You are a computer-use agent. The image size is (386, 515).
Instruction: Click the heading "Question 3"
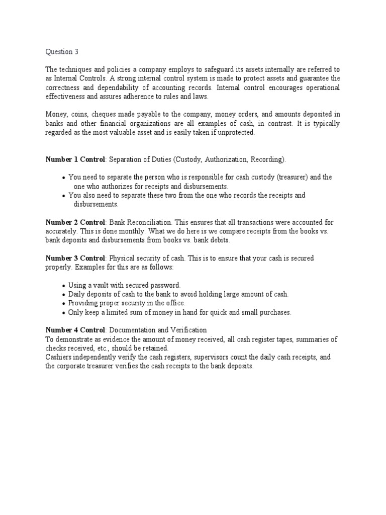[62, 51]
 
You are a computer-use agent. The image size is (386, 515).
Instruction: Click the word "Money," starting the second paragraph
[56, 115]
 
